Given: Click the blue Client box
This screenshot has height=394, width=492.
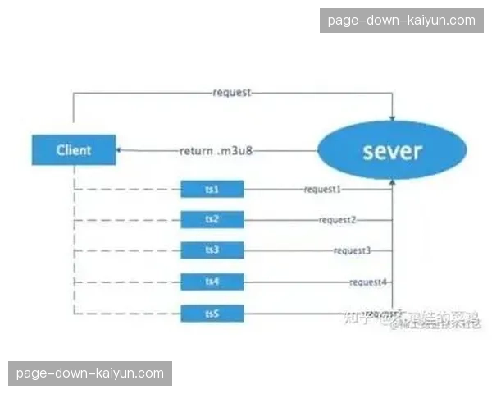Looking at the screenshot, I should (x=74, y=150).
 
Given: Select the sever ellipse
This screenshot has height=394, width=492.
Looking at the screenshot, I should (x=392, y=151).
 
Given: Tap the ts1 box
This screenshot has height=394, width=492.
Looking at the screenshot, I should (x=212, y=190).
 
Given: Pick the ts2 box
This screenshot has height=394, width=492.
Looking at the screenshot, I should (x=212, y=220).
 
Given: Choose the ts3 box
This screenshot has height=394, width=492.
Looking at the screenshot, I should (x=212, y=250).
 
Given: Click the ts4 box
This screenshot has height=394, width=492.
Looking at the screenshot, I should (x=212, y=282).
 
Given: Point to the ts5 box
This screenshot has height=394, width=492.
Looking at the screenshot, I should (x=212, y=313).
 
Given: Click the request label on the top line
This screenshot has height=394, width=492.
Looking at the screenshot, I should (x=231, y=93).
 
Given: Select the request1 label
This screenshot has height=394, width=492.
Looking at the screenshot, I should (x=323, y=190).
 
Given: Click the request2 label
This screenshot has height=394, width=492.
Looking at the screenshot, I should (x=338, y=220).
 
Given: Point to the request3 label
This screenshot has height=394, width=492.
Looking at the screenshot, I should (x=353, y=250).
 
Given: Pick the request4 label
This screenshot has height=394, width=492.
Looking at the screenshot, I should (x=367, y=282).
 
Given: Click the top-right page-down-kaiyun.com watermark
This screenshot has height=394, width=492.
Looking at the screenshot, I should (x=401, y=21).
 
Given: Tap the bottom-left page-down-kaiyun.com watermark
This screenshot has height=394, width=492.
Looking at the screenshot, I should (x=90, y=373).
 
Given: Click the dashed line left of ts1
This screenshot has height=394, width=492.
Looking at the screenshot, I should (x=127, y=190).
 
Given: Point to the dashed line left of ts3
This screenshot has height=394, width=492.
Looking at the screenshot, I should (x=127, y=250).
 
